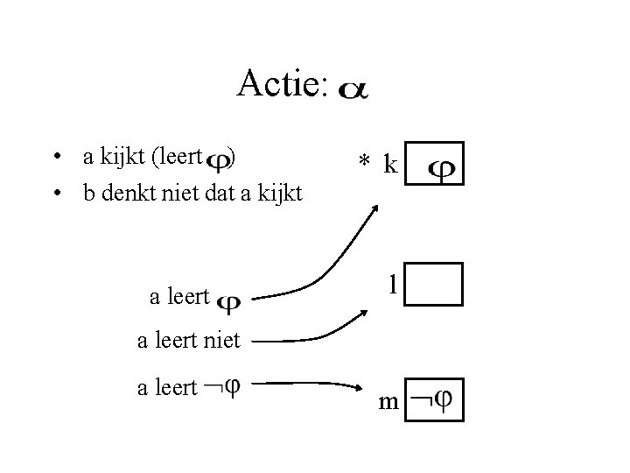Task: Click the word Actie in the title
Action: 280,85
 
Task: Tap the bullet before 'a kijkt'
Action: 55,158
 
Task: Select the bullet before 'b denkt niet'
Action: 55,193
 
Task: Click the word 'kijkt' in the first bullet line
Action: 125,158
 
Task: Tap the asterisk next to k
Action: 363,163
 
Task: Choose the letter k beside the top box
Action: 391,164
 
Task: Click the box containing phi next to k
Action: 436,164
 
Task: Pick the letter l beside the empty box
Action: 395,284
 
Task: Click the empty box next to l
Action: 436,284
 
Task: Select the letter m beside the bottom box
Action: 388,402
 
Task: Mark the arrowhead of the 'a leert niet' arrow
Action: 365,314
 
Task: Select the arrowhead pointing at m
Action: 361,387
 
